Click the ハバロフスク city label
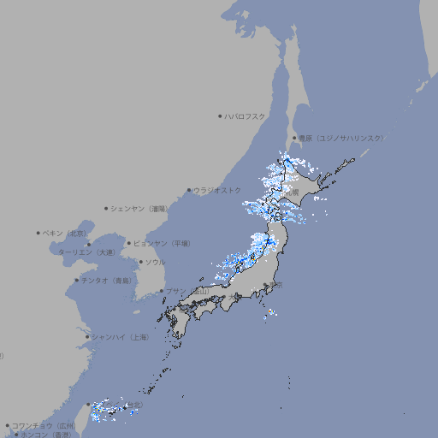point(246,115)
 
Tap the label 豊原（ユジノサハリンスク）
point(340,138)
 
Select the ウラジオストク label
point(217,190)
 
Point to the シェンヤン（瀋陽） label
point(139,208)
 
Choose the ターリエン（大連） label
point(86,252)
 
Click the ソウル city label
point(155,263)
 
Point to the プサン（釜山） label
point(186,292)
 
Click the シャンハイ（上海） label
point(120,337)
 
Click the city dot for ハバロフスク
point(220,115)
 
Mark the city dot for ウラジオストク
point(189,191)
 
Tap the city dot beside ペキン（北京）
point(38,233)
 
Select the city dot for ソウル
point(139,263)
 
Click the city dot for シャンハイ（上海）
point(87,337)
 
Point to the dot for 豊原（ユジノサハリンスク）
point(294,138)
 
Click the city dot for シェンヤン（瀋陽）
point(107,208)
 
